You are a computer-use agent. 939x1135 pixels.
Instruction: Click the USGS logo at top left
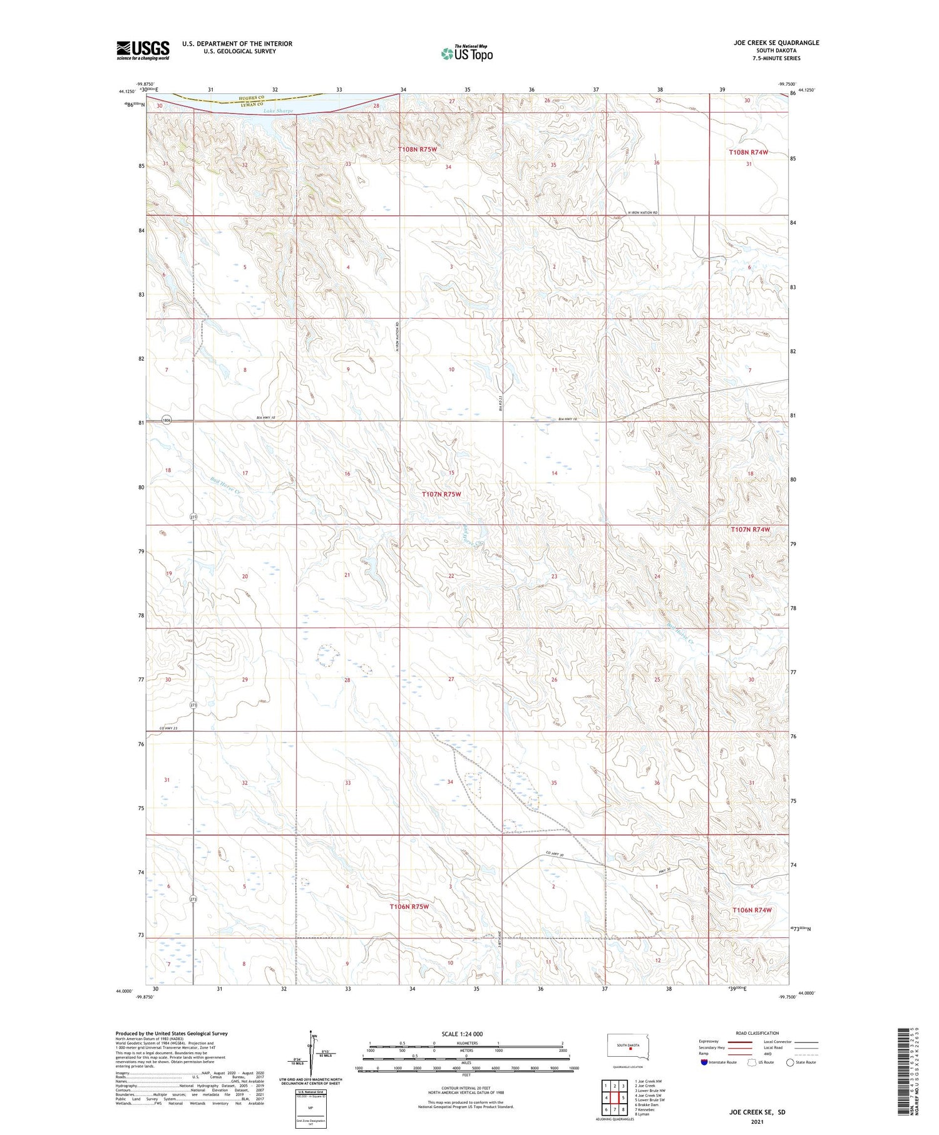tap(143, 50)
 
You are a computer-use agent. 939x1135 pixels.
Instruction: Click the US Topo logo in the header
tap(466, 53)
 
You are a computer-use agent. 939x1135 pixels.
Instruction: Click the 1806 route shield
tap(166, 420)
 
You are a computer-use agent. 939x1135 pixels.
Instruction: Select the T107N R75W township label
tap(441, 494)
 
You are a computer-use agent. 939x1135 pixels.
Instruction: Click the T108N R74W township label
tap(748, 152)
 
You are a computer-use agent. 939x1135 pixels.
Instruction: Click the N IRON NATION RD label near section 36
tap(639, 213)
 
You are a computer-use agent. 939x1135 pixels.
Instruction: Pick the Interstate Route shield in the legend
tap(704, 1062)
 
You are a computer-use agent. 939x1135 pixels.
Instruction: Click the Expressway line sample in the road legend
tap(743, 1042)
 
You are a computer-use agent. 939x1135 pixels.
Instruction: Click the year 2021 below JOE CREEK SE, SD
tap(756, 1122)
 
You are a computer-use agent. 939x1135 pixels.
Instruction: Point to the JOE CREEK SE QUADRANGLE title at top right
tap(776, 43)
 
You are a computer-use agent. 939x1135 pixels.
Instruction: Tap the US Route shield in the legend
tap(753, 1062)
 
